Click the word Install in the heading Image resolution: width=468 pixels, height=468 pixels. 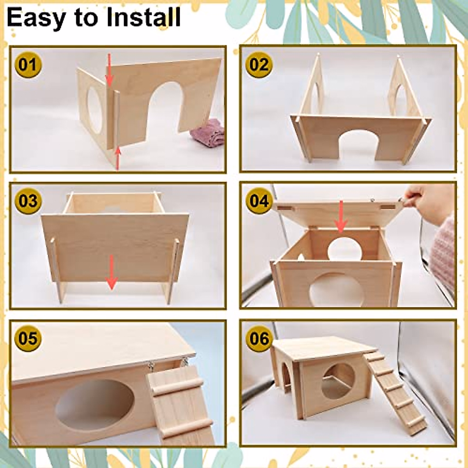(142, 18)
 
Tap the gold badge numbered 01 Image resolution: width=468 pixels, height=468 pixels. (28, 64)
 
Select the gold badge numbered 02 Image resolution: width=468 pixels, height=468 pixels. (259, 64)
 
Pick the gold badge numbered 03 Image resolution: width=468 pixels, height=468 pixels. (28, 201)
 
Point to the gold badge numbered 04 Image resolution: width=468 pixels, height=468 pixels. (259, 201)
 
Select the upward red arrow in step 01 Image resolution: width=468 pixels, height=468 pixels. (117, 158)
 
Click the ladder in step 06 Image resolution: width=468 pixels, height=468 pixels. (394, 390)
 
